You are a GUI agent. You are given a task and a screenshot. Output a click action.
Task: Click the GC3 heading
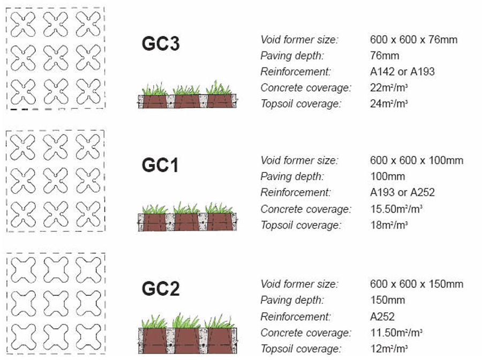pos(161,43)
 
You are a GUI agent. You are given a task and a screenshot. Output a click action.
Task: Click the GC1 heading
pos(160,165)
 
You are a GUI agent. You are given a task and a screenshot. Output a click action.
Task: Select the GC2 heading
pos(161,289)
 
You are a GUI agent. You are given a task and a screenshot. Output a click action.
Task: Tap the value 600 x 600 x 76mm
pos(413,40)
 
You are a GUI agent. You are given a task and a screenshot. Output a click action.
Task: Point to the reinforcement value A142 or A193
pos(402,72)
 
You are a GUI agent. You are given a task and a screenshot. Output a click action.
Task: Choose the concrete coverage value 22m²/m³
pos(389,88)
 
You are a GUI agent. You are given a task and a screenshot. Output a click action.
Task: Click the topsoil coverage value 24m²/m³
pos(389,103)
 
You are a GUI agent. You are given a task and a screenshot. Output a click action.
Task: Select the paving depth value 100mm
pos(387,176)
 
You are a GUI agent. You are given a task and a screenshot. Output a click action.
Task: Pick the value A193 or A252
pos(402,192)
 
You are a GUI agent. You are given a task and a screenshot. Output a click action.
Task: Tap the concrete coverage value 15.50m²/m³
pos(396,209)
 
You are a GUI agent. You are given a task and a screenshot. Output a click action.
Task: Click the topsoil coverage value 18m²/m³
pos(389,225)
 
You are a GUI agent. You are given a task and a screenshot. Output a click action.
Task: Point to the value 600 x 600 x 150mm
pos(417,284)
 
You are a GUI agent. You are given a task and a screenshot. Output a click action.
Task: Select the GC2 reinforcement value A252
pos(382,317)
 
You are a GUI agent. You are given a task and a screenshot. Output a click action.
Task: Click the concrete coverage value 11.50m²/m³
pos(396,333)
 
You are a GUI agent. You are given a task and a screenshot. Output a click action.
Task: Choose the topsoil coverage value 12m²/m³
pos(389,349)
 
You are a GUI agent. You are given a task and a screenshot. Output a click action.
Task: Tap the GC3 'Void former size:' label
pos(299,40)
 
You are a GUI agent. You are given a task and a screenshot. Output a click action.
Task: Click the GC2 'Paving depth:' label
pos(292,300)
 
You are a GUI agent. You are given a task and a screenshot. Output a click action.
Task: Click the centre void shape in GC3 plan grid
pos(56,58)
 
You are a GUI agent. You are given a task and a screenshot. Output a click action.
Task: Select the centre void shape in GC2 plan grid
pos(56,303)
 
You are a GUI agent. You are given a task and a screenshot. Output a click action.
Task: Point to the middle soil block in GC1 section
pos(186,222)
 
